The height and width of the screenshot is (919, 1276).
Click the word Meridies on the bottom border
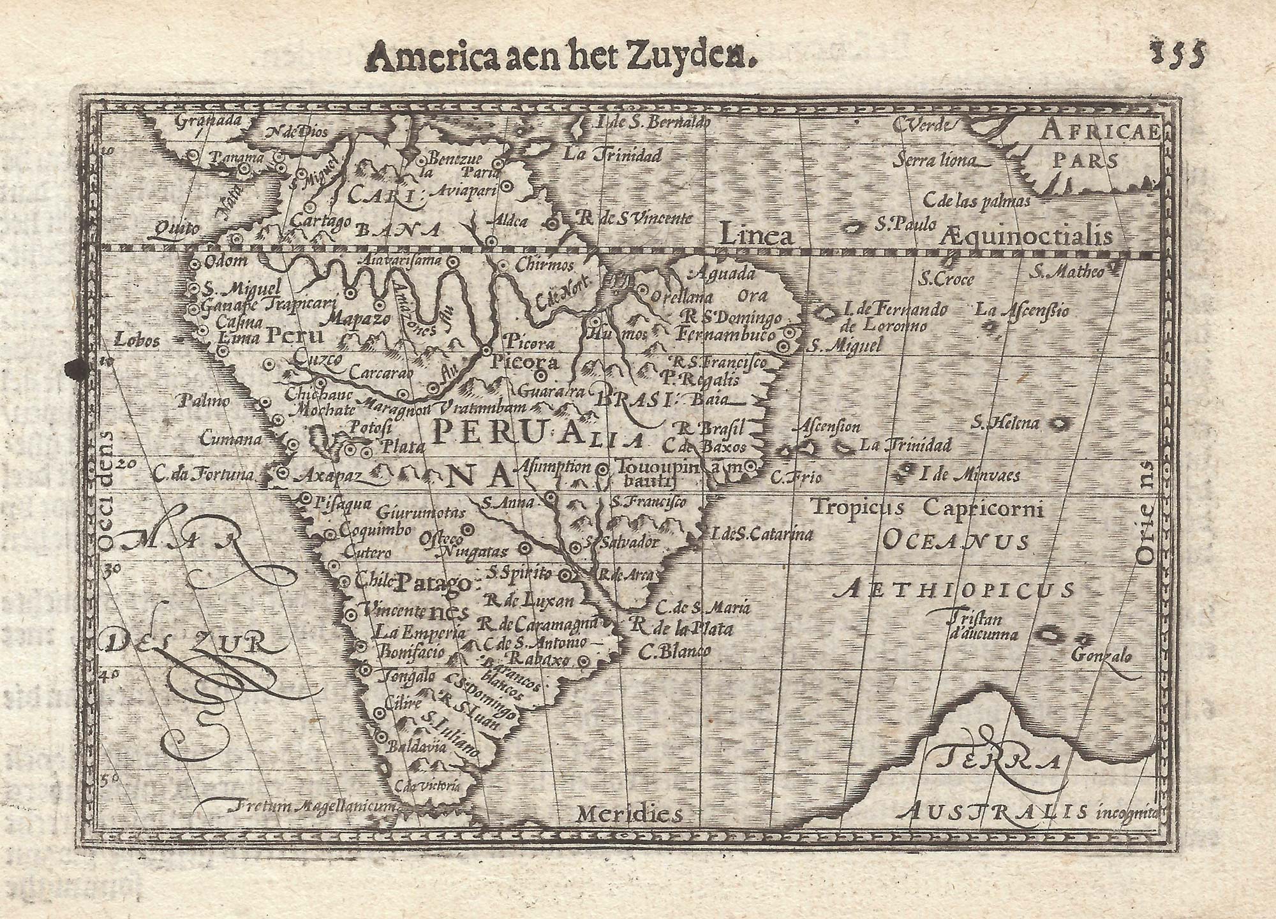pyautogui.click(x=629, y=813)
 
